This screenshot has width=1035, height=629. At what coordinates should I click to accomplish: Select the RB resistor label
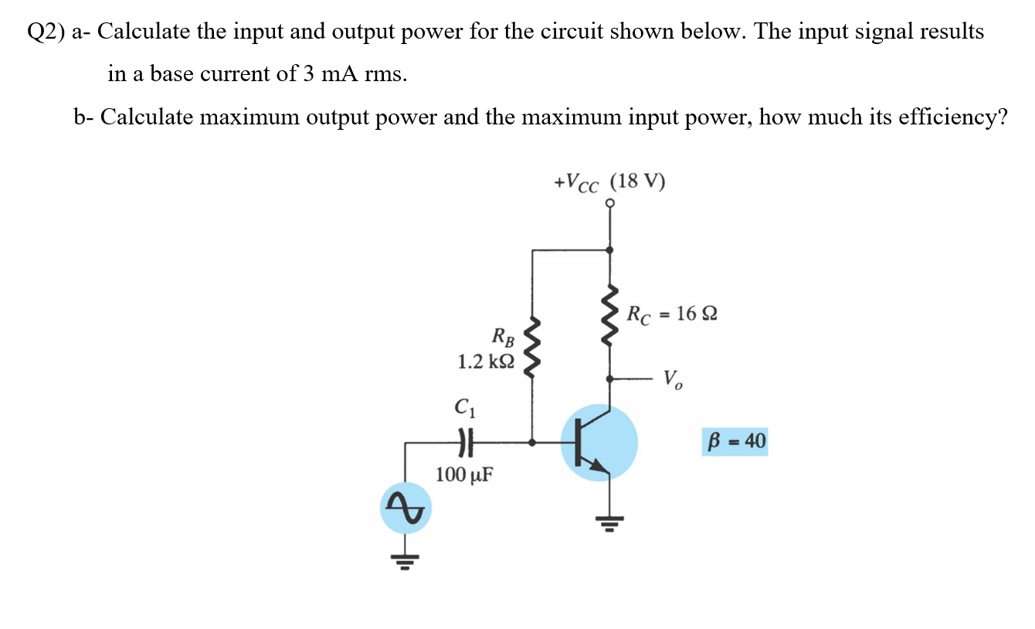point(503,337)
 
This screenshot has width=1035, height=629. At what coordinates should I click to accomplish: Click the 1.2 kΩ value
point(485,361)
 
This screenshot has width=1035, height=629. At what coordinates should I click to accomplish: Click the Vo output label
point(673,379)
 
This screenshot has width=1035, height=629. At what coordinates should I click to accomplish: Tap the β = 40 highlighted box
point(735,441)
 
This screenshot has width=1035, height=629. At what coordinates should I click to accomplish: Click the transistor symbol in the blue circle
point(599,443)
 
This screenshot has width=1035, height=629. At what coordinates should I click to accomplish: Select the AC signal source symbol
point(406,508)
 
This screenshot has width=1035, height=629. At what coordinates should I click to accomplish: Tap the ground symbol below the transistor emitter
point(610,523)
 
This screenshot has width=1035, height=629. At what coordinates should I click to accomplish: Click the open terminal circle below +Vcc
point(610,203)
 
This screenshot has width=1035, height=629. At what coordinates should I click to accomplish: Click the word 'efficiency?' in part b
point(959,117)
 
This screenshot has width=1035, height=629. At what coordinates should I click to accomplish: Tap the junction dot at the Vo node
point(610,379)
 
